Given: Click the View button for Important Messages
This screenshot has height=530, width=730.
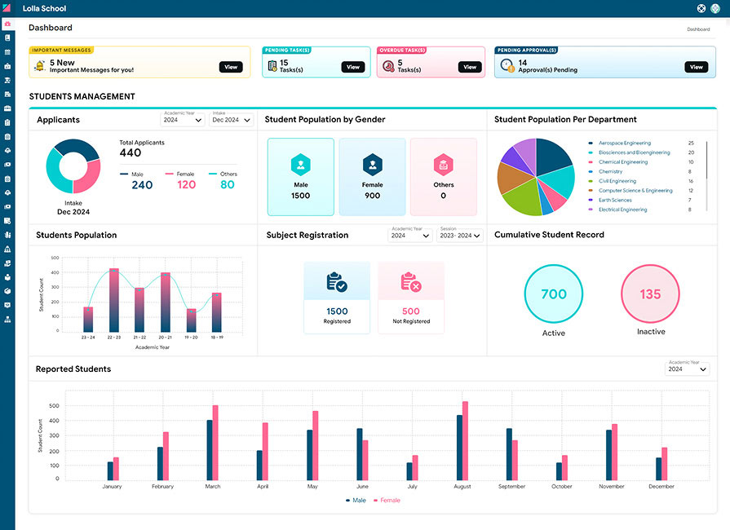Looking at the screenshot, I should click(x=231, y=67).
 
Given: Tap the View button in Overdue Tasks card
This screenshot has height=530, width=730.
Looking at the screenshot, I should click(x=469, y=67).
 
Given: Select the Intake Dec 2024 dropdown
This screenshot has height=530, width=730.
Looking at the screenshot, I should click(x=232, y=120).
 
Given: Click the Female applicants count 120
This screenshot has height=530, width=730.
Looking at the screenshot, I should click(x=186, y=185).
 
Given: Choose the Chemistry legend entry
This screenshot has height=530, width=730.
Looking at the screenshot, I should click(x=610, y=172).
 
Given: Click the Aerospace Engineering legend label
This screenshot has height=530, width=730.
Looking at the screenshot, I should click(x=624, y=144).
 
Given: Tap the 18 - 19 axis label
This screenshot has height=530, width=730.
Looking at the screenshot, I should click(x=216, y=337).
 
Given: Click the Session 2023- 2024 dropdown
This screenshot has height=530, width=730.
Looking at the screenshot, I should click(x=459, y=236).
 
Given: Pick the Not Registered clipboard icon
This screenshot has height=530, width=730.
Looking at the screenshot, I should click(x=410, y=282).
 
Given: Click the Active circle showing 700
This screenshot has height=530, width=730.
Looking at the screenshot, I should click(x=554, y=294).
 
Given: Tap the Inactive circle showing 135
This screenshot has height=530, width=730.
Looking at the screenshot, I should click(x=650, y=294).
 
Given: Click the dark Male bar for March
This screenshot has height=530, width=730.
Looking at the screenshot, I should click(x=210, y=449).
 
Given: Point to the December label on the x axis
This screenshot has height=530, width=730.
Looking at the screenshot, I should click(x=661, y=487).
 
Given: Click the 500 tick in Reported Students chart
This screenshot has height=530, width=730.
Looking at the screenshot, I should click(x=54, y=405).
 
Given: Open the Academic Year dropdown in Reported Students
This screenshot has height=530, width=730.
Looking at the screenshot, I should click(x=688, y=369).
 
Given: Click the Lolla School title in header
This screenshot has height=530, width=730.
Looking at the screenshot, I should click(x=44, y=9).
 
